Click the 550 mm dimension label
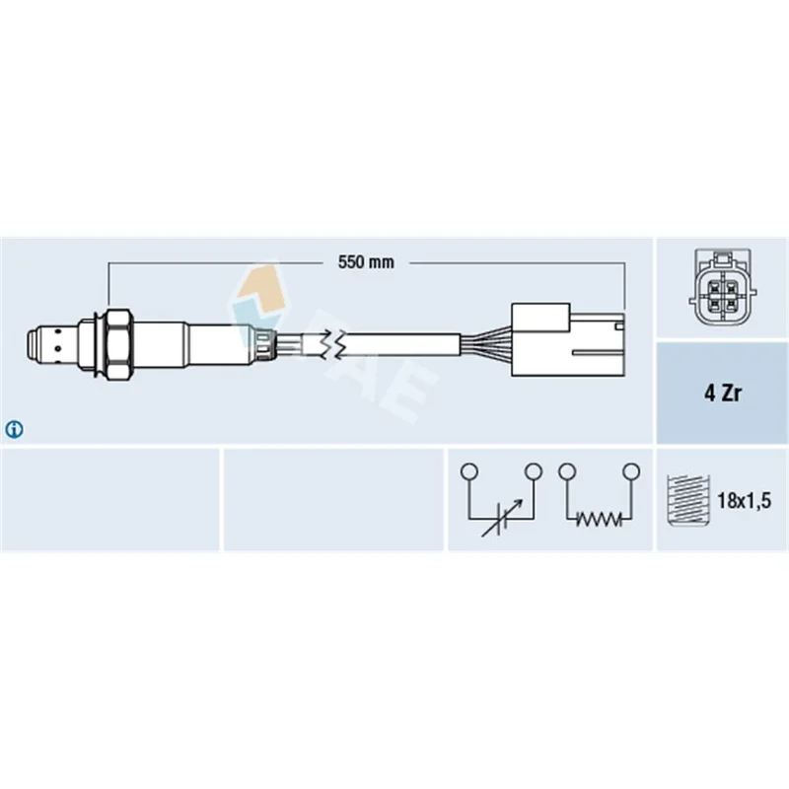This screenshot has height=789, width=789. click(x=366, y=262)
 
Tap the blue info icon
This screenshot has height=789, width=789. click(x=14, y=430)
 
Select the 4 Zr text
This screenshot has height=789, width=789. click(x=723, y=393)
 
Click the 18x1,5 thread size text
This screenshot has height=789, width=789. click(x=744, y=501)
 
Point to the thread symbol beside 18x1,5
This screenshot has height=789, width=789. click(x=687, y=500)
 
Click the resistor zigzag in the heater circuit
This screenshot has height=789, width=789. click(x=600, y=519)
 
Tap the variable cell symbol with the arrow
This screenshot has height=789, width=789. click(x=501, y=519)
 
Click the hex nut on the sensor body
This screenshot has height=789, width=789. click(x=119, y=344)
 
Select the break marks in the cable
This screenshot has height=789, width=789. click(x=334, y=344)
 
